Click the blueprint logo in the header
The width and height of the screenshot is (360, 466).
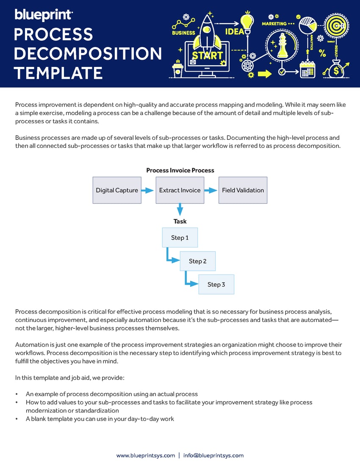click(44, 15)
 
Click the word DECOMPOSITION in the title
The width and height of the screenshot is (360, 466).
click(88, 54)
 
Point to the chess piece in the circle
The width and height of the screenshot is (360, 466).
click(282, 46)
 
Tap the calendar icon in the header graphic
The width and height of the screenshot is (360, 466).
click(307, 70)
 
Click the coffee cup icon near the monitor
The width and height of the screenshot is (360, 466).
click(178, 69)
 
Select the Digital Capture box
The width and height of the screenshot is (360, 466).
click(117, 190)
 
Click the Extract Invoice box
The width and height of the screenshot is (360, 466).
click(180, 190)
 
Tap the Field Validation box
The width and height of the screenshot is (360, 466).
click(243, 190)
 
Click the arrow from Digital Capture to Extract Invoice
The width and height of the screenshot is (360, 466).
click(147, 191)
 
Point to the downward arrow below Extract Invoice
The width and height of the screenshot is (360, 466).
click(180, 209)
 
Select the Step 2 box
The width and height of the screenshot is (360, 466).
click(197, 261)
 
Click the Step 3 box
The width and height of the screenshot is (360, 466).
click(216, 284)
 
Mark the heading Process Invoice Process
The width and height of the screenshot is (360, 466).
click(180, 170)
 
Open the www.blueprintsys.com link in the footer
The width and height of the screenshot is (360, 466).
click(145, 455)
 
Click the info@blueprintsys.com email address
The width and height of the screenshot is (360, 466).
click(213, 455)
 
